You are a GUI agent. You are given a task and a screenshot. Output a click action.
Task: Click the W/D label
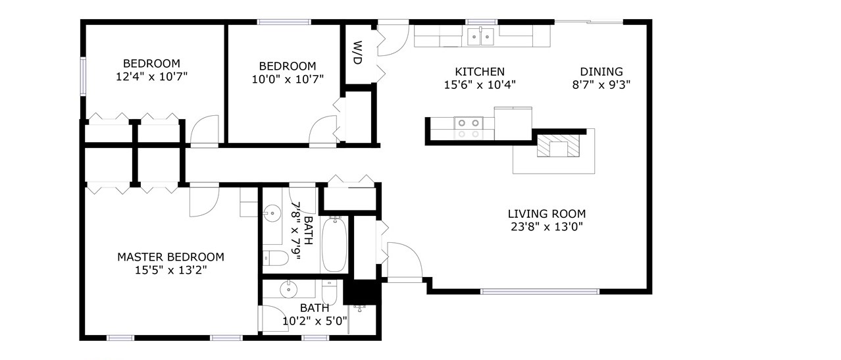(x=358, y=53)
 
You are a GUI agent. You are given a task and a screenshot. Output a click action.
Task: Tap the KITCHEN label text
(x=480, y=71)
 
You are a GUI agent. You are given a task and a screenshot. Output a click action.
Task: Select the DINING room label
(x=601, y=71)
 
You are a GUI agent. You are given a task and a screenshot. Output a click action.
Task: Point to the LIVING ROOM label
(x=547, y=214)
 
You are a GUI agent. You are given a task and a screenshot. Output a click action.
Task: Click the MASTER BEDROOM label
(x=171, y=257)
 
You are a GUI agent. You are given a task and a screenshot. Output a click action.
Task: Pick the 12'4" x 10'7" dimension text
(x=151, y=76)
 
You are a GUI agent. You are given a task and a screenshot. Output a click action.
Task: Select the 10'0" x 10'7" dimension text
(x=288, y=79)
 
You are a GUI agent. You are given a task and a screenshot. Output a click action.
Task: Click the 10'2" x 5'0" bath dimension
(x=315, y=321)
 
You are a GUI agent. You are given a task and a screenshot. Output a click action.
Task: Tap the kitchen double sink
(x=480, y=37)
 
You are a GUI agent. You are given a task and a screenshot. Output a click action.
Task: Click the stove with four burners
(x=469, y=128)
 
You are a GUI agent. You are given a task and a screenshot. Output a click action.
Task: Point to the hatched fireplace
(x=558, y=145)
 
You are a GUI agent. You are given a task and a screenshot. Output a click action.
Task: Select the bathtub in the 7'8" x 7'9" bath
(x=334, y=244)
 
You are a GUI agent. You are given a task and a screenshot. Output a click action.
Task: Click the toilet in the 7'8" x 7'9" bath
(x=276, y=258)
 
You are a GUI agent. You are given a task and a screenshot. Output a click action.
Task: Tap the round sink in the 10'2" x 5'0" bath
(x=288, y=289)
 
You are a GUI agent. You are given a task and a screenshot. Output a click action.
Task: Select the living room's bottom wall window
(x=540, y=292)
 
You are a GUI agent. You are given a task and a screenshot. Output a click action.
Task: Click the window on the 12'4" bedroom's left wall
(x=83, y=76)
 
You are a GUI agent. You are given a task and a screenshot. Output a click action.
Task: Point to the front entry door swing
(x=405, y=261)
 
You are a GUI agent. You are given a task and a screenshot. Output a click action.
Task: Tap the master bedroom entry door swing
(x=204, y=200)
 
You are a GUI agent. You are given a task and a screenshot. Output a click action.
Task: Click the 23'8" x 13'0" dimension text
(x=547, y=227)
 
